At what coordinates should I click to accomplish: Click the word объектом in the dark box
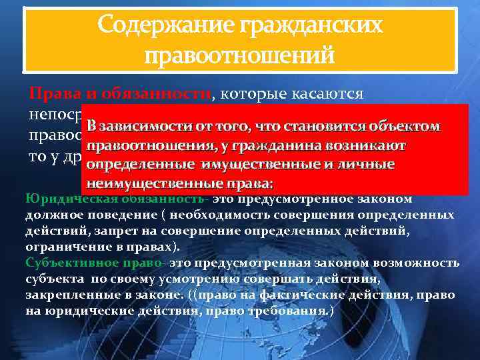[406, 127]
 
